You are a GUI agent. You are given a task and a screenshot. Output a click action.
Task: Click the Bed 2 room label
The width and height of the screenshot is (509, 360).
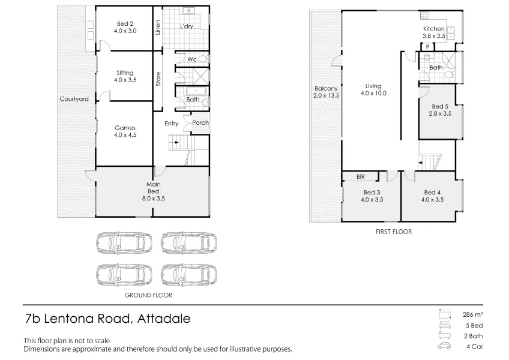[125, 23]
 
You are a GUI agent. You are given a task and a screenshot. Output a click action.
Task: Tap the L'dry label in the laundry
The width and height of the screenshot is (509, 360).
[187, 26]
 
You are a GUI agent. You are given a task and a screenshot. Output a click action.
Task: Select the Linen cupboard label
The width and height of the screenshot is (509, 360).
[158, 27]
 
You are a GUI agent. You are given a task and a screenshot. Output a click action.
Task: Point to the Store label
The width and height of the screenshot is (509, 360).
[158, 79]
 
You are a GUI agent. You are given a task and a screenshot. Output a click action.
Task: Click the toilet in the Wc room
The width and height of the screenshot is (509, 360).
[203, 59]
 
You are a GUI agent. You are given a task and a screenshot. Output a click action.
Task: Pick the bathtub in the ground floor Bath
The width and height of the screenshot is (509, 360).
[196, 91]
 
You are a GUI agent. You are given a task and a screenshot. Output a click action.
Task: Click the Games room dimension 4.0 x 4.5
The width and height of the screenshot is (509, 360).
[125, 135]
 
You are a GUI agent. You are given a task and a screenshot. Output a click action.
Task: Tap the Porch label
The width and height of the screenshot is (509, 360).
[200, 123]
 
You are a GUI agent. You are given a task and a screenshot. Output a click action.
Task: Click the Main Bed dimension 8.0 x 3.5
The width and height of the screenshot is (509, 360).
[153, 199]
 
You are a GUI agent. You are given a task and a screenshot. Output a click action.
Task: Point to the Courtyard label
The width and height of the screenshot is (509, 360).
[74, 99]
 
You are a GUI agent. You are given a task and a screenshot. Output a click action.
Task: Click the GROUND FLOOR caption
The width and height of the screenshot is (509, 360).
[148, 295]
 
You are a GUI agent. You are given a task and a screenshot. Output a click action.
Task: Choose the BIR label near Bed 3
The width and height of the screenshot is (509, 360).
[361, 176]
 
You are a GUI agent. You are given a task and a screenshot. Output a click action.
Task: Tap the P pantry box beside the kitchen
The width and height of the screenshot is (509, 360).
[428, 47]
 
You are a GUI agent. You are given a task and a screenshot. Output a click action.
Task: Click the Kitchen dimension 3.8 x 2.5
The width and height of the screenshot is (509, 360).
[434, 36]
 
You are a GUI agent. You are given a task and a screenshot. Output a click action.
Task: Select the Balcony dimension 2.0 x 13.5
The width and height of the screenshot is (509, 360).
[327, 95]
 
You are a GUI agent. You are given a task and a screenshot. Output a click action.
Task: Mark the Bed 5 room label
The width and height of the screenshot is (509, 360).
[440, 106]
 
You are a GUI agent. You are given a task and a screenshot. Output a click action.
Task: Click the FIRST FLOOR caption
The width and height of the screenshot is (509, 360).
[394, 232]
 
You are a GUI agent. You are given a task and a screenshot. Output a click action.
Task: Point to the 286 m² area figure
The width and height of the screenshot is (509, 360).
[472, 314]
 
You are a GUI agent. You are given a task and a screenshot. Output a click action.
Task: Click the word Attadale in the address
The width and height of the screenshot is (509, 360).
[164, 319]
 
